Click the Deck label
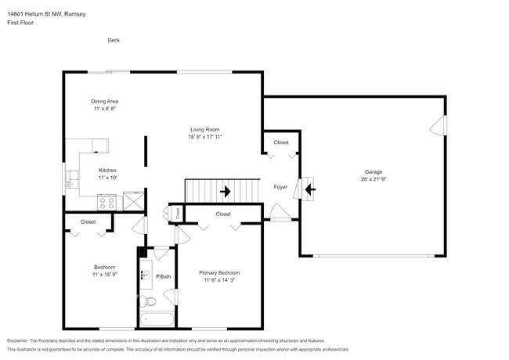[x=114, y=41]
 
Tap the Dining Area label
[x=104, y=101]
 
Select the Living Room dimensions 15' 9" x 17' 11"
[x=205, y=137]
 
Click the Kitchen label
[x=107, y=171]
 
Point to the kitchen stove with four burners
[x=106, y=202]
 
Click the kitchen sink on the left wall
[x=72, y=184]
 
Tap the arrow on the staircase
[x=226, y=190]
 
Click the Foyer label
[x=280, y=187]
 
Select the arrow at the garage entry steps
[x=309, y=189]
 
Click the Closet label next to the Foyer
[x=280, y=142]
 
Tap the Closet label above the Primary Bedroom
[x=223, y=214]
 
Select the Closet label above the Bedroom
[x=88, y=221]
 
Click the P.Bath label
[x=164, y=276]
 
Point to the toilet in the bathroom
[x=153, y=300]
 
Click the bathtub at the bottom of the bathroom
[x=157, y=319]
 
